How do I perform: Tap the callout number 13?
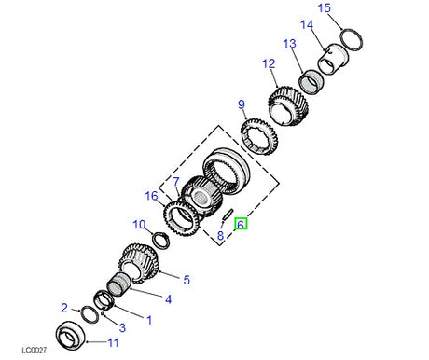[x=289, y=44]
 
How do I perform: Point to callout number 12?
[x=269, y=64]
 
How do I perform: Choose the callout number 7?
[x=174, y=181]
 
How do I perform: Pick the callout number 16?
[x=151, y=195]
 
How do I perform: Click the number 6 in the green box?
[x=241, y=225]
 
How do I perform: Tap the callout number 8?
[x=220, y=237]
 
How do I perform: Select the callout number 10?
[x=138, y=224]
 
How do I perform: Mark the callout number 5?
[x=186, y=279]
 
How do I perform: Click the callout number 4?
[x=168, y=299]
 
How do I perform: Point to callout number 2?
[x=64, y=307]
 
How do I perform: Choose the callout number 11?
[x=114, y=343]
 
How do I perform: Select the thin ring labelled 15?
[x=351, y=40]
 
